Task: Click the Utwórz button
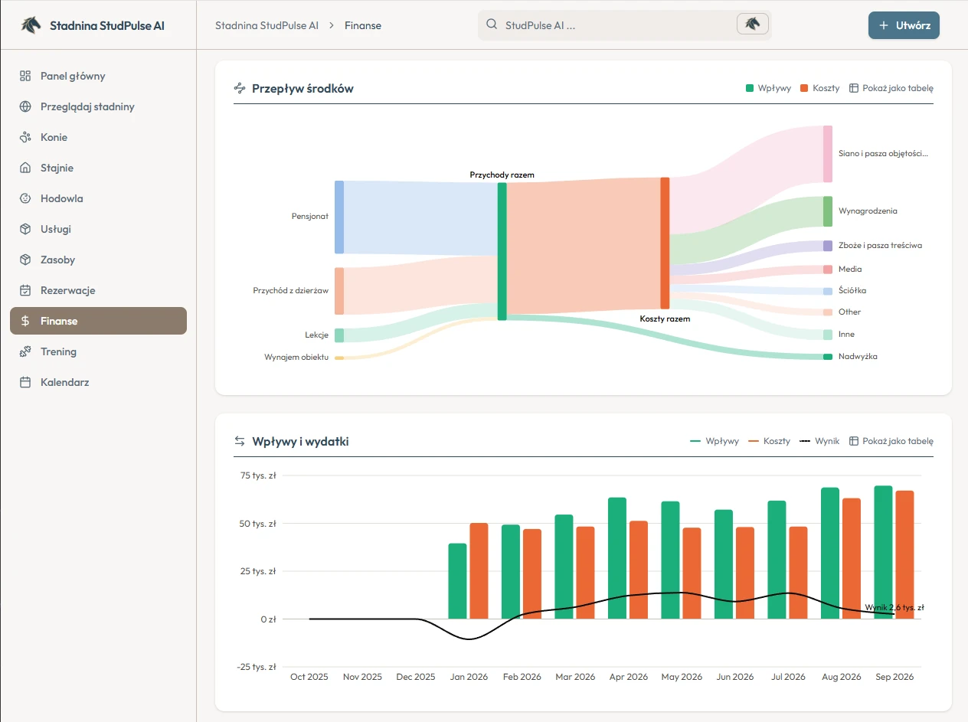[904, 25]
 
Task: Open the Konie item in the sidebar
[54, 137]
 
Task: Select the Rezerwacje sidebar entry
[67, 290]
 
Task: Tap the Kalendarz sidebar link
[64, 382]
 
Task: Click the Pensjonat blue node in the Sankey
[339, 217]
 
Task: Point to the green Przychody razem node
[502, 251]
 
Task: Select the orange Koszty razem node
[665, 243]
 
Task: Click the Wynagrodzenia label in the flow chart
[868, 211]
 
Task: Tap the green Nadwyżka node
[828, 357]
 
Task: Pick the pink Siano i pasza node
[828, 154]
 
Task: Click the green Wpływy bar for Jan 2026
[457, 581]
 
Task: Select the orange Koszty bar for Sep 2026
[904, 554]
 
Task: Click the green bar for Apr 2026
[617, 558]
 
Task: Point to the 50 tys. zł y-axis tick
[257, 524]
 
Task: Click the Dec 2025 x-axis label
[415, 677]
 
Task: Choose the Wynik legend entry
[819, 441]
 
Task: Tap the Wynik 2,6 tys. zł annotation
[894, 607]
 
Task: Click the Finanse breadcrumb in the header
[363, 25]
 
